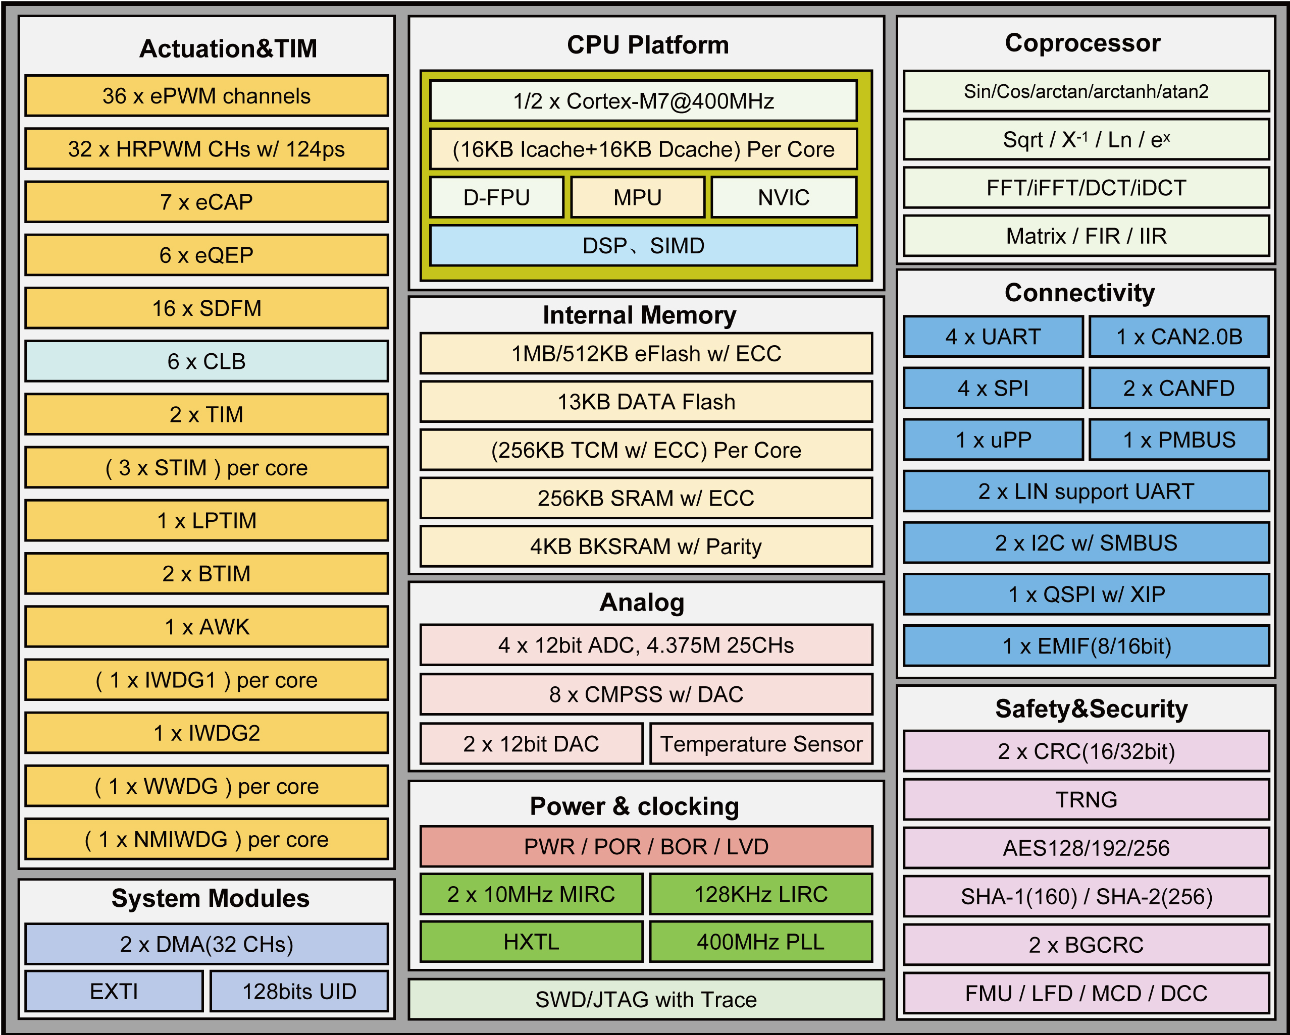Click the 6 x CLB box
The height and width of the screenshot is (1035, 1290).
(x=207, y=361)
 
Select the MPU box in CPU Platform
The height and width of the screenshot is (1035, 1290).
(x=637, y=197)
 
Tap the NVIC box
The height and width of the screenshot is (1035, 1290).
(x=783, y=197)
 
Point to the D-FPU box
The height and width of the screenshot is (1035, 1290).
(x=497, y=197)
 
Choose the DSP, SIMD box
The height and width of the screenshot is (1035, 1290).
(x=643, y=246)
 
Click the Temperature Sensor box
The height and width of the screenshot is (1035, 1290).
(x=761, y=744)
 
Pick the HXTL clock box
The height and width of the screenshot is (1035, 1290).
(x=531, y=942)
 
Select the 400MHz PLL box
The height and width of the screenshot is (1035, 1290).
(x=760, y=942)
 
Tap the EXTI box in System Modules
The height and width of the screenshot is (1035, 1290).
(x=114, y=992)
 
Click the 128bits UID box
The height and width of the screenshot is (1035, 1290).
(x=299, y=992)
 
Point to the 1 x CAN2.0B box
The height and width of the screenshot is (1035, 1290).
(x=1179, y=337)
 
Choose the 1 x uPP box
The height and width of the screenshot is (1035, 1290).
(x=993, y=440)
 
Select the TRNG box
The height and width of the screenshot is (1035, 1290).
(x=1086, y=799)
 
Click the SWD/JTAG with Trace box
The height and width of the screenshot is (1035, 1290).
(x=646, y=999)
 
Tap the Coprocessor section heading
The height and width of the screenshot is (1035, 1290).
(x=1083, y=43)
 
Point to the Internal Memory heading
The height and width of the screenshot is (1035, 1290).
(x=639, y=315)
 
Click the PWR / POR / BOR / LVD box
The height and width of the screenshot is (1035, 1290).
(x=646, y=847)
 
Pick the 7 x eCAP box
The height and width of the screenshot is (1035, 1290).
(x=207, y=202)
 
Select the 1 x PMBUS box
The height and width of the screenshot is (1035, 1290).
(x=1179, y=440)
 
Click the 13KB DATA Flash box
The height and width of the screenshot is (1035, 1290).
(x=646, y=402)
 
